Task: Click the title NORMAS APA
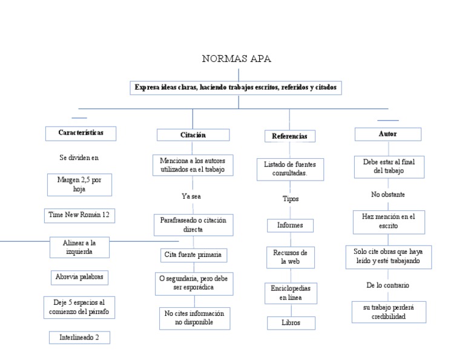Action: coord(236,59)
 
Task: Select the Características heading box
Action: coord(81,133)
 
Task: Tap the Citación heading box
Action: coord(193,135)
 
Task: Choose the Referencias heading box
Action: coord(289,136)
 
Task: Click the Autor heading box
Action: coord(387,134)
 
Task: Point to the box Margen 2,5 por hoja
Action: coord(79,184)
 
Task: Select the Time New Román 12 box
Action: coord(79,215)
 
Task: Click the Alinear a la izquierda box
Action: coord(79,247)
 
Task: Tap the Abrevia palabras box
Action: coord(79,278)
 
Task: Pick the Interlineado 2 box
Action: coord(79,338)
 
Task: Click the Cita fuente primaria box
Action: coord(194,255)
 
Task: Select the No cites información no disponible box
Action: coord(194,318)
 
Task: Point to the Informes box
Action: coord(290,225)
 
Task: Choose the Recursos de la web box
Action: coord(290,257)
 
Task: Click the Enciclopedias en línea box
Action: coord(290,293)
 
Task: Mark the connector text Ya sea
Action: coord(193,196)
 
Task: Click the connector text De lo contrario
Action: coord(387,285)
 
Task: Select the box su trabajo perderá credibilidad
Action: coord(389,312)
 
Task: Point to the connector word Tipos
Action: coord(290,199)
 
